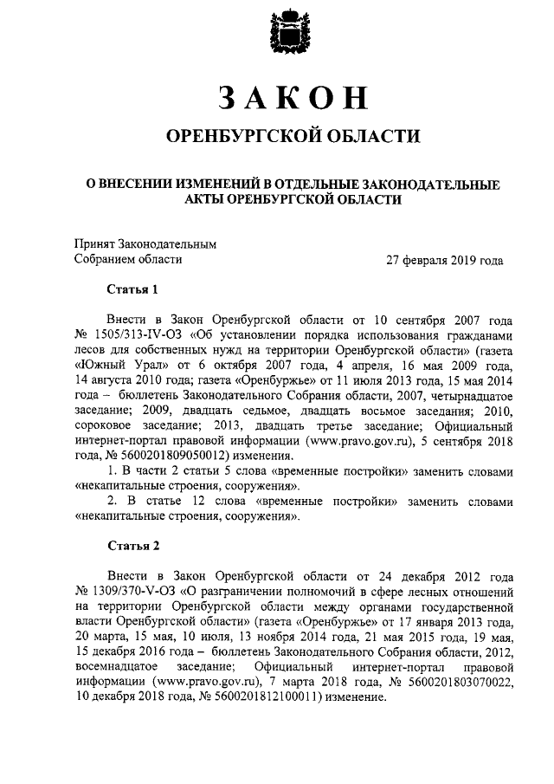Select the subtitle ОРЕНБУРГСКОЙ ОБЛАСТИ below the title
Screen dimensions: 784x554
click(x=285, y=136)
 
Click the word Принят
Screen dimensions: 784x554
click(x=94, y=244)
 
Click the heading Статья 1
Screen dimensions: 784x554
click(x=132, y=288)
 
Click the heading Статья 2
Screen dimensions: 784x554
click(x=132, y=545)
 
